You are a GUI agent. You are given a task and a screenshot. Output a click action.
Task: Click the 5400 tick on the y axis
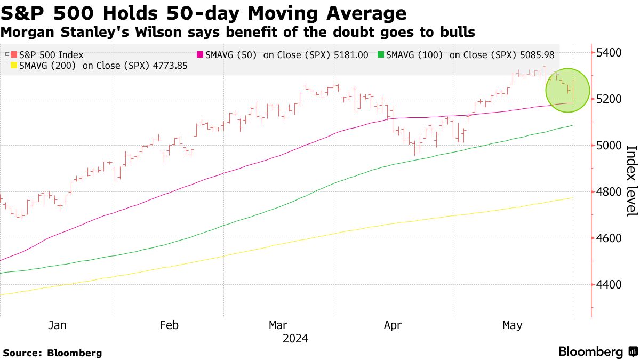point(608,53)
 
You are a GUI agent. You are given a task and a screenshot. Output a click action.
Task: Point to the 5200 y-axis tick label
point(608,99)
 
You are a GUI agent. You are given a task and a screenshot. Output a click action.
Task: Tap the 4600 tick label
point(608,238)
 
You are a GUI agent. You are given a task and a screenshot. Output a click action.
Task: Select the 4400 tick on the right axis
point(608,284)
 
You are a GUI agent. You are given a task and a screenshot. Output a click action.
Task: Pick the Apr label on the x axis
point(393,325)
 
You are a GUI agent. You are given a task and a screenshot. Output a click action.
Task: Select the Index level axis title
point(631,181)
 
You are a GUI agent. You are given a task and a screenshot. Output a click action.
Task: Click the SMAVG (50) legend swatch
point(200,54)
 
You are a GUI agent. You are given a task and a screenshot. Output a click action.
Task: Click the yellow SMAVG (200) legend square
point(14,66)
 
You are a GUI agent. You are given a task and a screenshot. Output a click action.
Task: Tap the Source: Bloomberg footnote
point(52,353)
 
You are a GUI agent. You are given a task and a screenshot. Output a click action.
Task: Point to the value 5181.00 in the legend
point(349,54)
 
